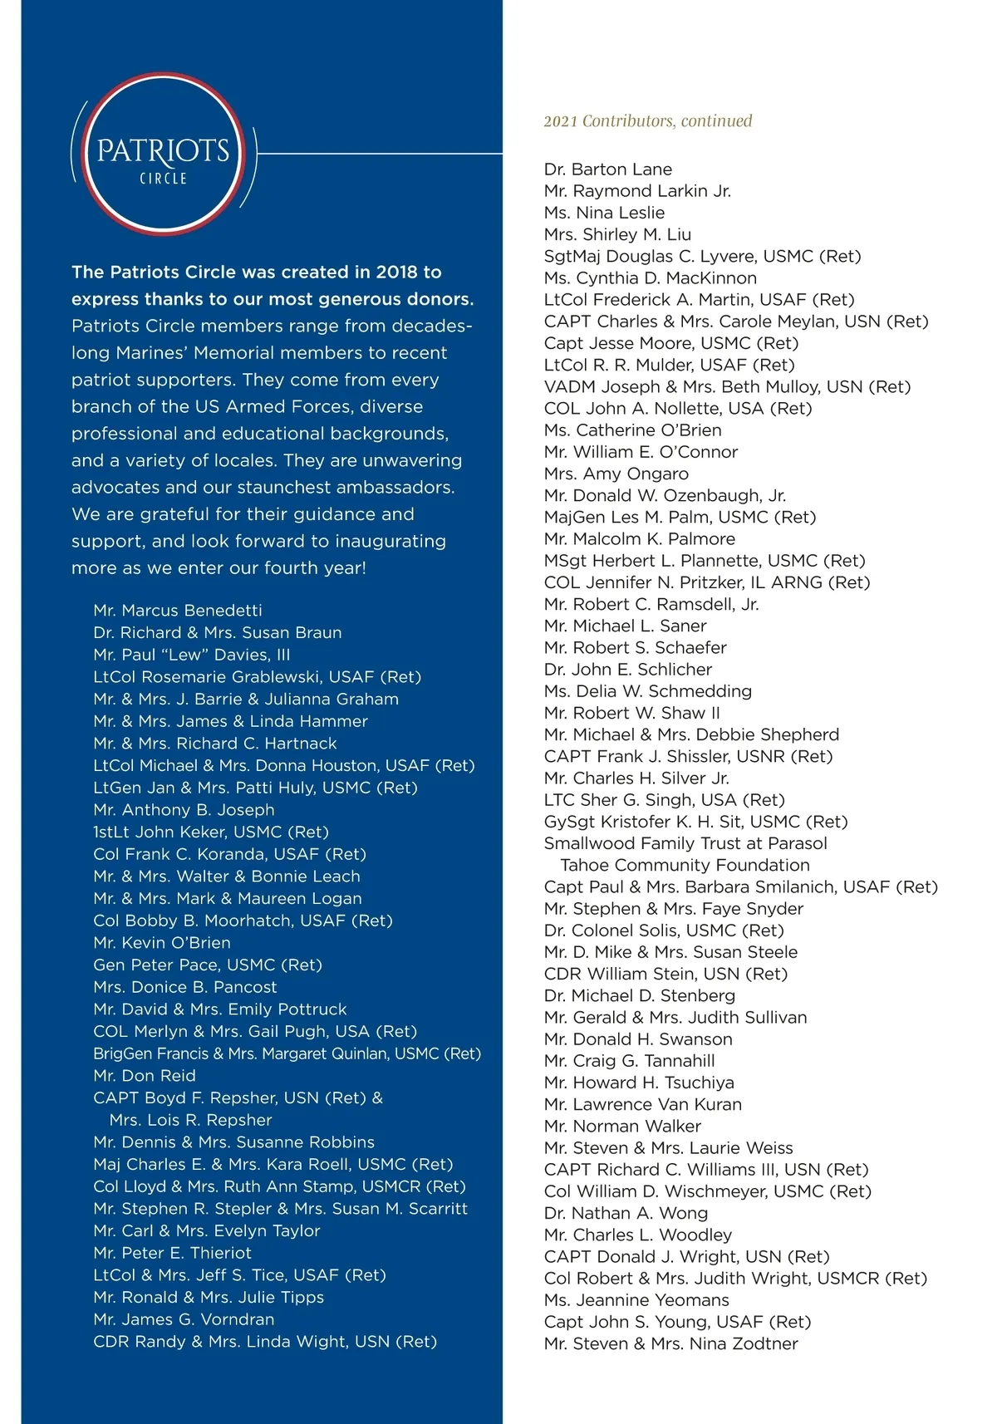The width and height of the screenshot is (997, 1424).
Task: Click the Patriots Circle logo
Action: click(163, 154)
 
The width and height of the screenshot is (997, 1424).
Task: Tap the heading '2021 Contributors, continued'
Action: click(647, 121)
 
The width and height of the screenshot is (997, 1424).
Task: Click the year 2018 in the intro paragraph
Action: click(397, 273)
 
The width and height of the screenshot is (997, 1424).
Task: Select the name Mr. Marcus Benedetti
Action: click(178, 611)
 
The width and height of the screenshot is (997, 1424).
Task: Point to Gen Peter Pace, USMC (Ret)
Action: click(208, 965)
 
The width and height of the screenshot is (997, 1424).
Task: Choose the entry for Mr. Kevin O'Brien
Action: click(162, 943)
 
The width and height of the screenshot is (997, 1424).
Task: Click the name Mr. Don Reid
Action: click(145, 1076)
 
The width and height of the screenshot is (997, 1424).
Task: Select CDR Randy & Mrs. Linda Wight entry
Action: click(265, 1342)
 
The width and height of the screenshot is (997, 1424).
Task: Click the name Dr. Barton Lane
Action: click(608, 169)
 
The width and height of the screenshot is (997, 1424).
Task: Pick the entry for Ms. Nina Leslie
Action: click(604, 213)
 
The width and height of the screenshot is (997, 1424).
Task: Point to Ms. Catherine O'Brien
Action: click(632, 430)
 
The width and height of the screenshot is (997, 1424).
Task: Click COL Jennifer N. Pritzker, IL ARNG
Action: click(707, 582)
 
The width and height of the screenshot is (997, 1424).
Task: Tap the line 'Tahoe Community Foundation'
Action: click(685, 866)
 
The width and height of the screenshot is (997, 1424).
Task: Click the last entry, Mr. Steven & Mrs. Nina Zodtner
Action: click(670, 1344)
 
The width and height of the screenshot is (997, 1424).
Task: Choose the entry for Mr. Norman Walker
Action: click(622, 1127)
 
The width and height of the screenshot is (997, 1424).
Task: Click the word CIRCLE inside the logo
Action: click(163, 179)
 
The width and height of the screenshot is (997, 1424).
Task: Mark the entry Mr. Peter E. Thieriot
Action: click(172, 1254)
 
